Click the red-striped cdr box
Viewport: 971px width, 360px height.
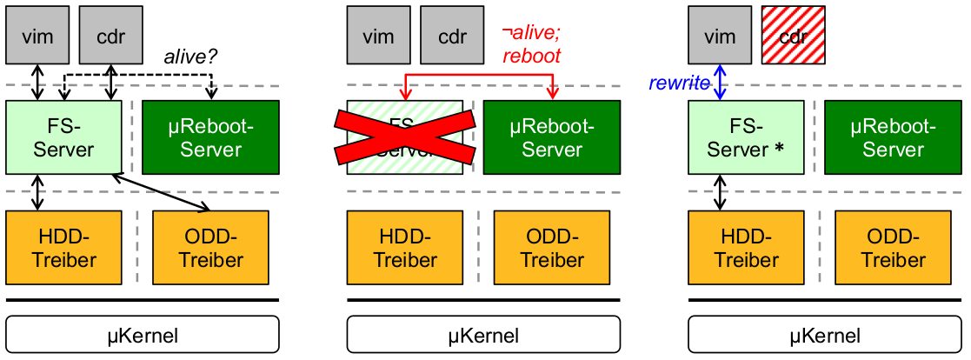pyautogui.click(x=791, y=36)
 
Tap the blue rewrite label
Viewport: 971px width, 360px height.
pyautogui.click(x=679, y=83)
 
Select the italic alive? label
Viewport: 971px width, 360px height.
pyautogui.click(x=191, y=57)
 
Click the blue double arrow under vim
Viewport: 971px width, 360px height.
pyautogui.click(x=719, y=83)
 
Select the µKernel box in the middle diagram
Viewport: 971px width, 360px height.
pyautogui.click(x=483, y=334)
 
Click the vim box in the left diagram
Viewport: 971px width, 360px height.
pyautogui.click(x=37, y=36)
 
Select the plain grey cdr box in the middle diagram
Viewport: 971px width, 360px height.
pyautogui.click(x=451, y=36)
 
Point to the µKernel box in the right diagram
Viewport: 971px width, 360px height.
pyautogui.click(x=825, y=334)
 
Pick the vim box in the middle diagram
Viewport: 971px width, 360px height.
pyautogui.click(x=377, y=36)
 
